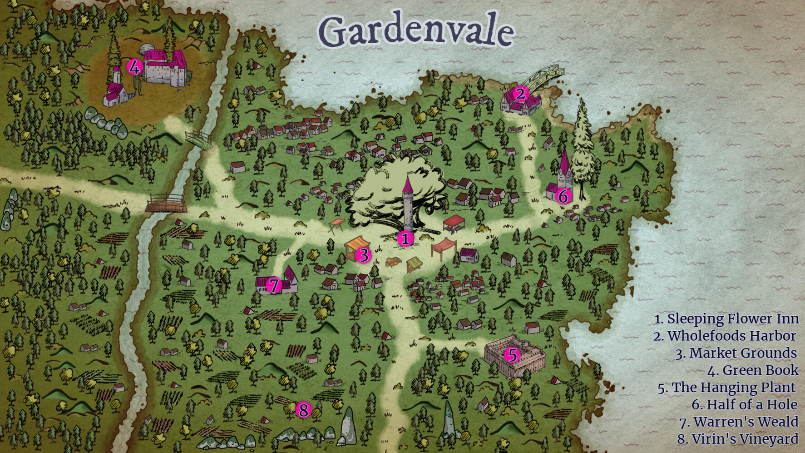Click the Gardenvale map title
pos(416,30)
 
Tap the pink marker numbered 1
pos(405,239)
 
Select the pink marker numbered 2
pos(520,94)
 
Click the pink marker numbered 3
pos(363,255)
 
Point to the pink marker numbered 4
pos(134,67)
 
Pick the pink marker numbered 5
pos(512,355)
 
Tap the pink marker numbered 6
pos(563,196)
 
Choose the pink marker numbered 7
pos(274,285)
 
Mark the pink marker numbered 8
pos(303,410)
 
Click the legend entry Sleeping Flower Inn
pos(726,319)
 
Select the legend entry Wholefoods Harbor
pos(725,336)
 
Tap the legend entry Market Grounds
pos(736,353)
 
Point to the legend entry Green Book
pos(752,370)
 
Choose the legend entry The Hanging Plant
pos(727,388)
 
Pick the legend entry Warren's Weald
pos(739,422)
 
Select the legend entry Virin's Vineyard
pos(737,439)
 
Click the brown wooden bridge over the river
pos(166,204)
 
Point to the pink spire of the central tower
pos(407,185)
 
